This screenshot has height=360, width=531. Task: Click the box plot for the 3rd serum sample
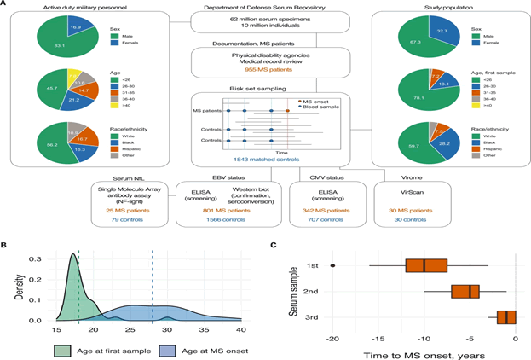click(504, 317)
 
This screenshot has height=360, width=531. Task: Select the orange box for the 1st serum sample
click(427, 264)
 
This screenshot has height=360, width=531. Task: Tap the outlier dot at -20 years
click(332, 264)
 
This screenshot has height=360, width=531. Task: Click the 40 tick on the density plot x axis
click(241, 329)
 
